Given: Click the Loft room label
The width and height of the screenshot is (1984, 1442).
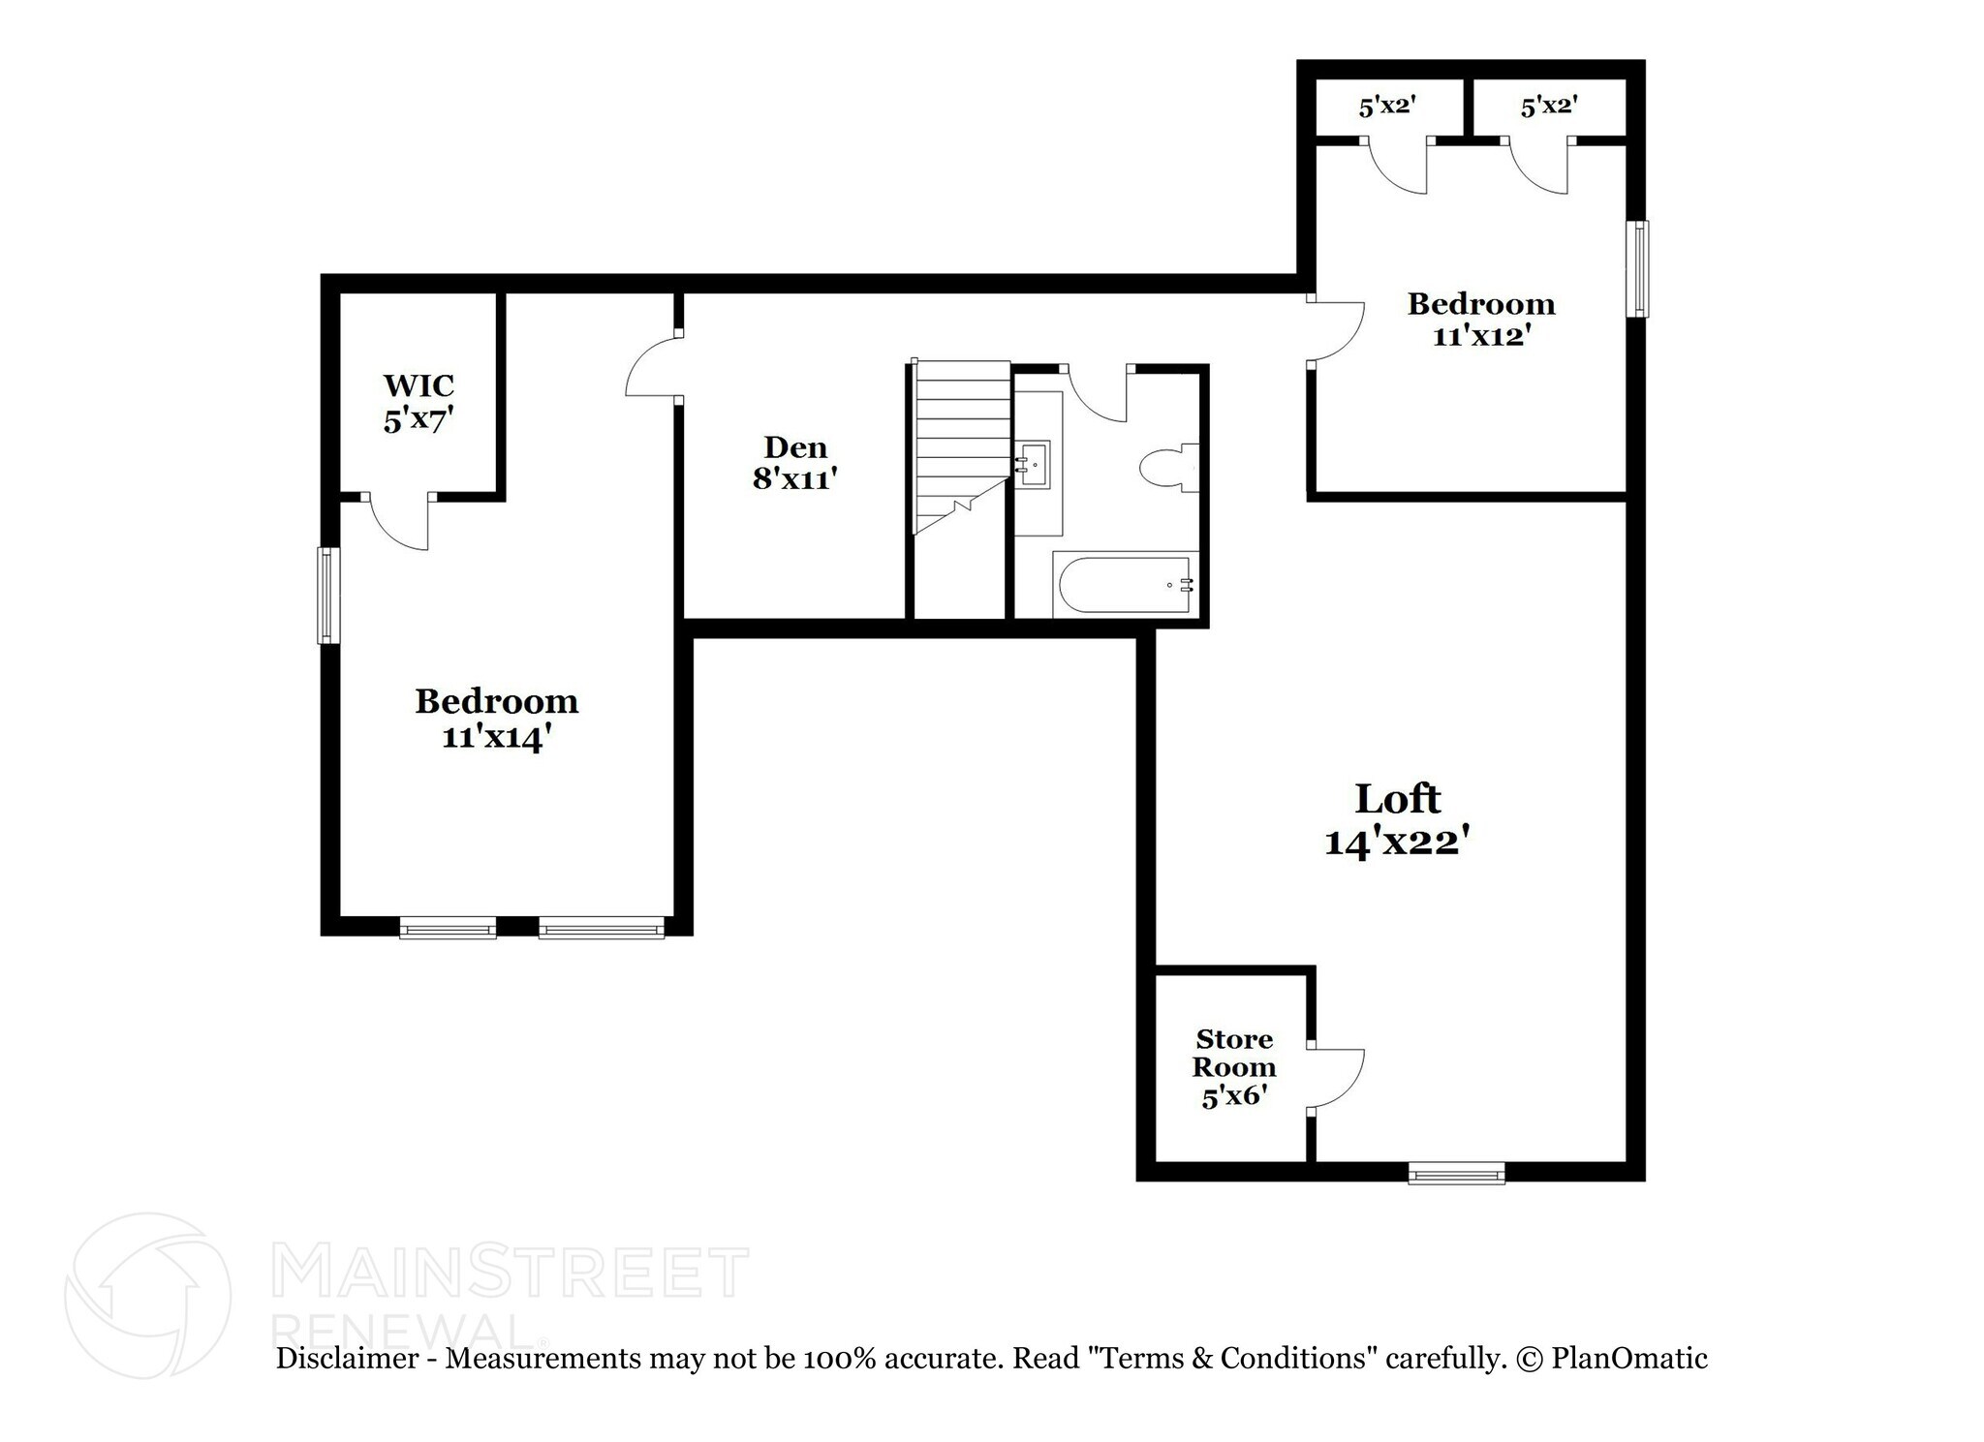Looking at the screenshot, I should pyautogui.click(x=1396, y=799).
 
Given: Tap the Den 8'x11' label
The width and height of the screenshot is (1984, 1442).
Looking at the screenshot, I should pyautogui.click(x=795, y=463).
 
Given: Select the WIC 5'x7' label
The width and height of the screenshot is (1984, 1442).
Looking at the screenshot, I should pyautogui.click(x=418, y=403).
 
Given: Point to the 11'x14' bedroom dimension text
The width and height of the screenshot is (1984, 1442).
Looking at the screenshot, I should pyautogui.click(x=497, y=737).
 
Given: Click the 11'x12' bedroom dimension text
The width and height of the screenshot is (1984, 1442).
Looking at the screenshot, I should pyautogui.click(x=1481, y=336).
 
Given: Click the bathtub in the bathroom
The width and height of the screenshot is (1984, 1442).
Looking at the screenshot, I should pyautogui.click(x=1124, y=584).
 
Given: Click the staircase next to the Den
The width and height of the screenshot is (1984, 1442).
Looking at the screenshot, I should pyautogui.click(x=962, y=445).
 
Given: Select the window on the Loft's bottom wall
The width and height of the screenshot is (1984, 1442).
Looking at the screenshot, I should pyautogui.click(x=1456, y=1173).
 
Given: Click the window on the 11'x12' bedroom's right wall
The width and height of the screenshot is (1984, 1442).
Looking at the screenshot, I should pyautogui.click(x=1636, y=268).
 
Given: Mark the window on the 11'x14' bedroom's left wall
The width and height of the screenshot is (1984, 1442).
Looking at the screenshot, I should pyautogui.click(x=329, y=595).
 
